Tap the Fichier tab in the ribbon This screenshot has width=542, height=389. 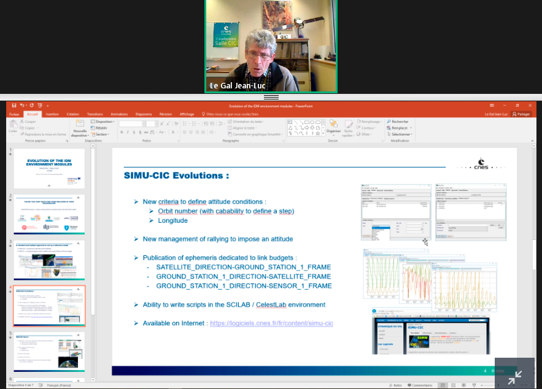tap(14, 114)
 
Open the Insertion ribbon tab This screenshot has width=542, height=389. tap(52, 114)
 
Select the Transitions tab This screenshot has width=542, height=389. tap(95, 114)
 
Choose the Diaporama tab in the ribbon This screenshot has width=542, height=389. tap(144, 114)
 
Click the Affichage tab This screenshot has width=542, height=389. tap(187, 114)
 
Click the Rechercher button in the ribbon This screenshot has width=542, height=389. tap(399, 121)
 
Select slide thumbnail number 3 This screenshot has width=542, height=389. tap(49, 259)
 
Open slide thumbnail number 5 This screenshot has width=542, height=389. tap(49, 351)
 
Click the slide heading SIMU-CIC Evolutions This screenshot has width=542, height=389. tap(177, 176)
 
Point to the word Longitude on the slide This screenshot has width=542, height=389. tap(172, 220)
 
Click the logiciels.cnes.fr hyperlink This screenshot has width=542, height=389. tap(271, 323)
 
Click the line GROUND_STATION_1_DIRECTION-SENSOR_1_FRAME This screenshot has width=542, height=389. tap(244, 286)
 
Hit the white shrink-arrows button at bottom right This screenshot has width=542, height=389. tap(514, 376)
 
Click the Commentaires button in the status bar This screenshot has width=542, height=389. tap(421, 385)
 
